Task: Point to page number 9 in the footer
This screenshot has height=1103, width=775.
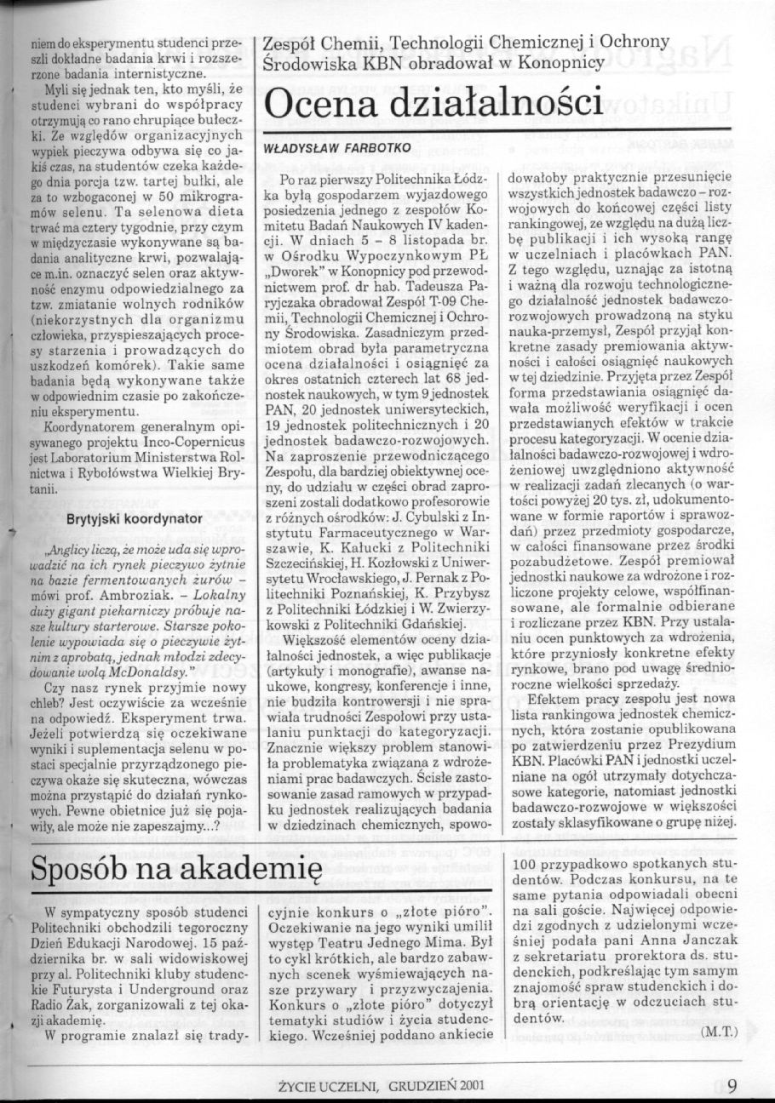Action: click(732, 1085)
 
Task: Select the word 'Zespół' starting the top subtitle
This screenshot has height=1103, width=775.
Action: click(292, 43)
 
